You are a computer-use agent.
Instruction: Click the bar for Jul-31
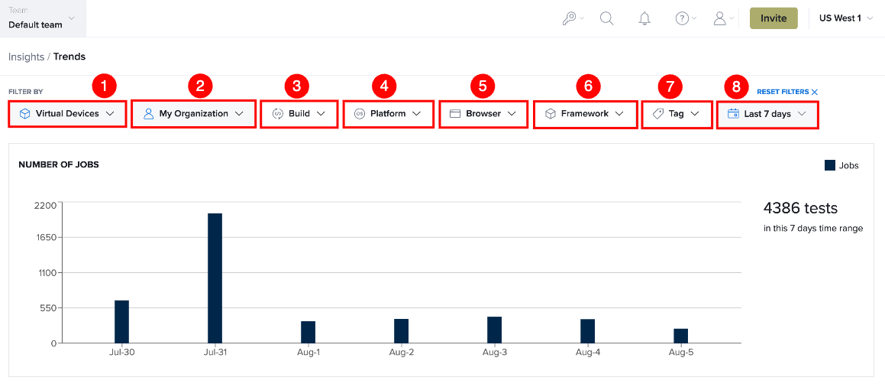point(215,278)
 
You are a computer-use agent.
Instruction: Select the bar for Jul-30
point(122,321)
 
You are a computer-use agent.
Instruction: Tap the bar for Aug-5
point(680,336)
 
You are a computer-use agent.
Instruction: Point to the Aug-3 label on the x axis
point(495,353)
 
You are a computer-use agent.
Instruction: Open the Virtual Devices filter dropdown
point(67,113)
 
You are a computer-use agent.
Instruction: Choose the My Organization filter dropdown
point(193,113)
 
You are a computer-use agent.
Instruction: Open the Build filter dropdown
point(299,113)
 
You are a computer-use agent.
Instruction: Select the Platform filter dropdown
point(389,113)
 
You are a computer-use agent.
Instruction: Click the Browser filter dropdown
point(483,113)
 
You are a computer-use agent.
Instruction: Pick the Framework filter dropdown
point(584,113)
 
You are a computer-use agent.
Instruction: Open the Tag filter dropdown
point(677,113)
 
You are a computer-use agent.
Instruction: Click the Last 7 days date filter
point(767,113)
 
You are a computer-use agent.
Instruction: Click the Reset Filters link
point(786,92)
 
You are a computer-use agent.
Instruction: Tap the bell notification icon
point(644,18)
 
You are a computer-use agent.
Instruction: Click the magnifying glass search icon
point(607,18)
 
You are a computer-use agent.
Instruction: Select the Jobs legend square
point(830,165)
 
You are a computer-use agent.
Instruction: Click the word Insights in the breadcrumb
point(27,57)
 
